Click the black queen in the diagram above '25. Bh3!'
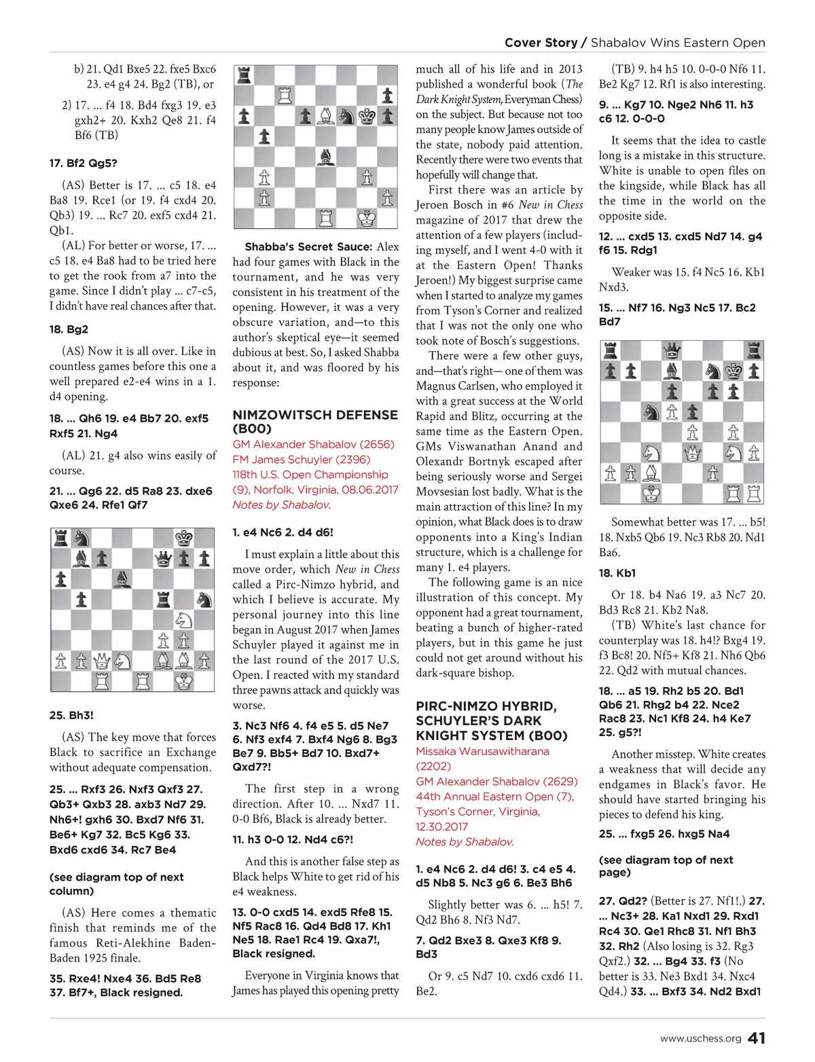(x=163, y=559)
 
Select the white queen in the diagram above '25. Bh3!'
(x=102, y=660)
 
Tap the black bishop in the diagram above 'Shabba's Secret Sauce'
(x=326, y=157)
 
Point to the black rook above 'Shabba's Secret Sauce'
(x=244, y=75)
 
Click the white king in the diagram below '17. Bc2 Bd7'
(x=651, y=493)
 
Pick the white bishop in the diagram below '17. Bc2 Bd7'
(x=651, y=473)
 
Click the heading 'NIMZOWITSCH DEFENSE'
(x=315, y=415)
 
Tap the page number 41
(x=757, y=1038)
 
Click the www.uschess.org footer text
(x=700, y=1038)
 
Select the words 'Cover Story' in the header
(x=541, y=43)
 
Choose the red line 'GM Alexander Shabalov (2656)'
(x=313, y=444)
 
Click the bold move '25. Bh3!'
(x=71, y=715)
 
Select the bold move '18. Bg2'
(x=69, y=329)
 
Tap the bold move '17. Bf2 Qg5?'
(x=83, y=163)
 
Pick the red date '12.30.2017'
(x=441, y=826)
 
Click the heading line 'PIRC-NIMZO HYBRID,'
(x=486, y=706)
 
